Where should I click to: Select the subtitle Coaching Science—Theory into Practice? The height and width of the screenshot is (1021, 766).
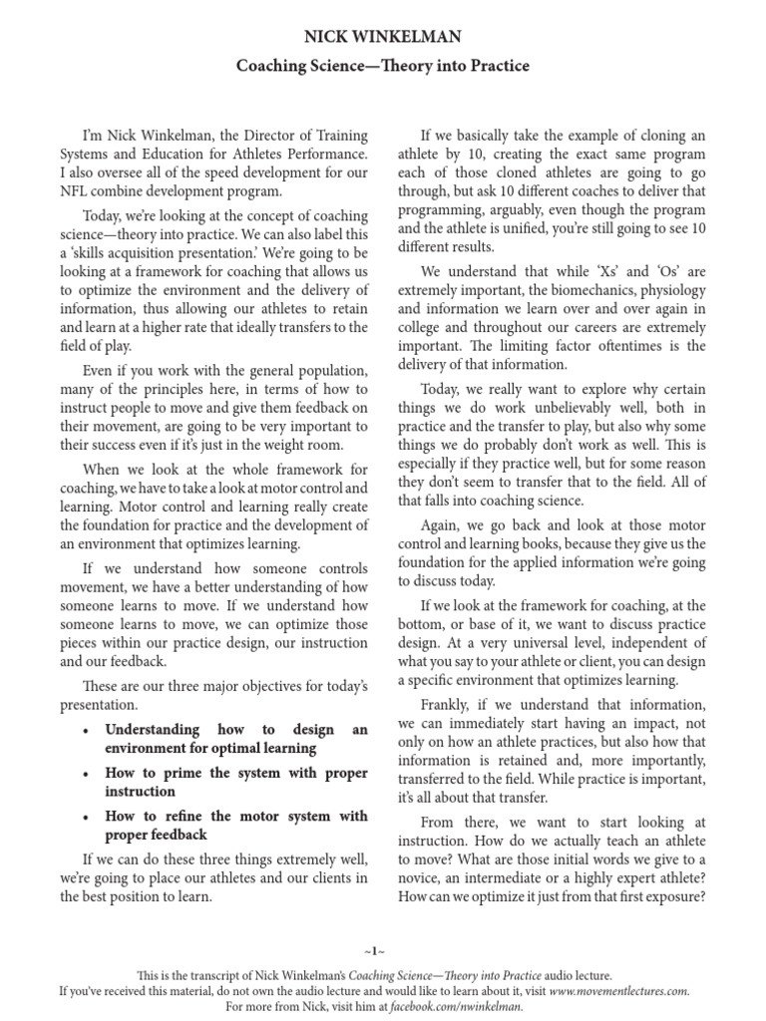pyautogui.click(x=382, y=67)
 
